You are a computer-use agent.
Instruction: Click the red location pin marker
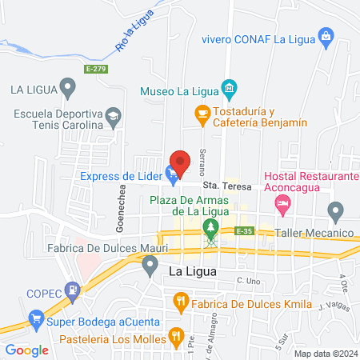(180, 159)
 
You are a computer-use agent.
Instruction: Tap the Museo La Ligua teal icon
(230, 86)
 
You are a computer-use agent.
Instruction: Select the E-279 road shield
(96, 69)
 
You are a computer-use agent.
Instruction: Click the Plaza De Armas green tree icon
(211, 228)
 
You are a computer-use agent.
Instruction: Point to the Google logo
(26, 350)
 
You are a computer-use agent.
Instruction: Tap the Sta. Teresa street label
(232, 186)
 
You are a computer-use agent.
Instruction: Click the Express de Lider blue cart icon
(170, 171)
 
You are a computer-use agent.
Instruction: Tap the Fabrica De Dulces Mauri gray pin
(150, 268)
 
